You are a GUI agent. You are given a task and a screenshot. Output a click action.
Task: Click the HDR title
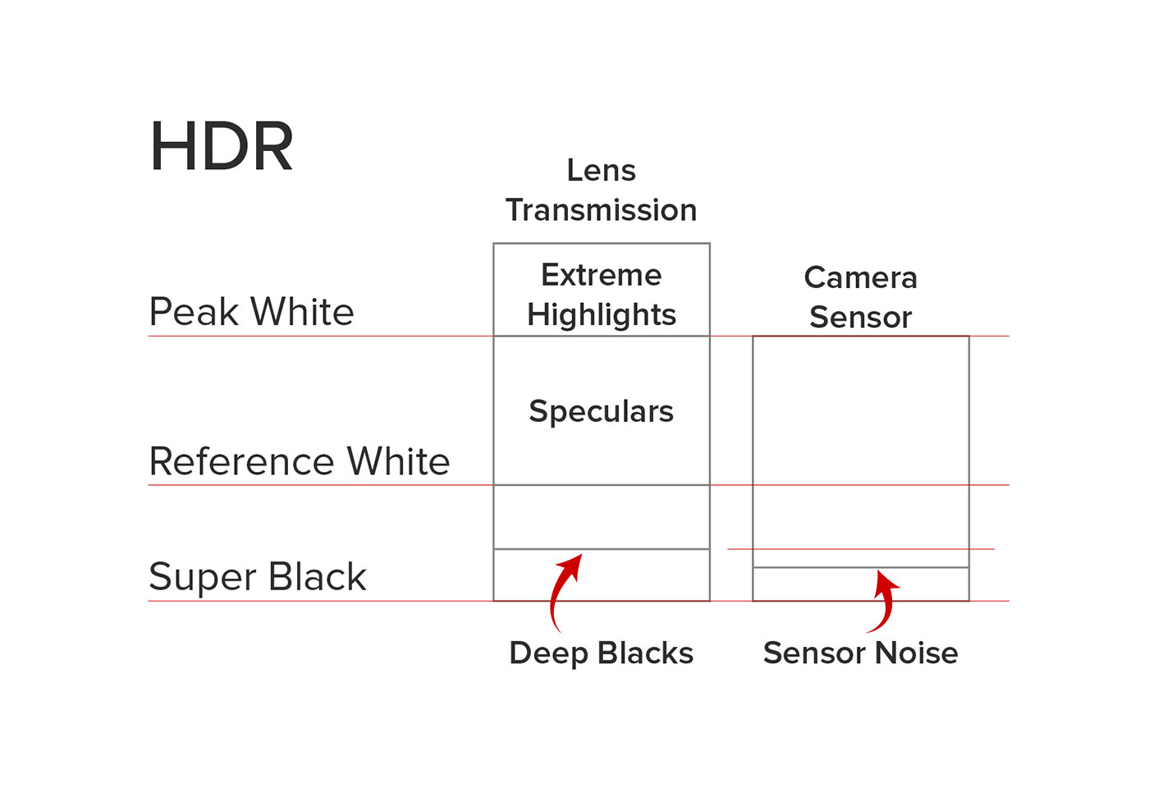222,148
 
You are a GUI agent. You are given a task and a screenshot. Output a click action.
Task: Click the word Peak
195,313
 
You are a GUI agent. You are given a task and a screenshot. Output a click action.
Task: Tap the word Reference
242,462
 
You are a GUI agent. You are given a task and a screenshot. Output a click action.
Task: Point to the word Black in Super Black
318,577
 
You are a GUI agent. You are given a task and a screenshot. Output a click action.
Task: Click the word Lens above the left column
602,171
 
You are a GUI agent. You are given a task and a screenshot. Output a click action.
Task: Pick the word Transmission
602,210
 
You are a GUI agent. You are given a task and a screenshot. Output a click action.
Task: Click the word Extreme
602,275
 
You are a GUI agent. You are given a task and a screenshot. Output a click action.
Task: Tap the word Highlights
602,315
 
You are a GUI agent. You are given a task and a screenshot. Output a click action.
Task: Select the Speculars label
602,411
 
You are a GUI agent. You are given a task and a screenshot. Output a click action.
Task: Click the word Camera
861,277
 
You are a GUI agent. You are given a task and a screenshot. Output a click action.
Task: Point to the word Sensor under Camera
861,317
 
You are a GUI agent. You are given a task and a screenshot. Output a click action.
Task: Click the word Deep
547,653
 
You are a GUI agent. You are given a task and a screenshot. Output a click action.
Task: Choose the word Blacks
646,653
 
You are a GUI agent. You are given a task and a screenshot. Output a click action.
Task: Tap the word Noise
917,653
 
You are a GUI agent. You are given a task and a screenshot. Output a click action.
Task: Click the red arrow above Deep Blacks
561,588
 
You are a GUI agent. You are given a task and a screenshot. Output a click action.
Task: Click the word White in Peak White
303,313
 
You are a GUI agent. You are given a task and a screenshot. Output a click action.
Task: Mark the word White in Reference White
399,462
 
